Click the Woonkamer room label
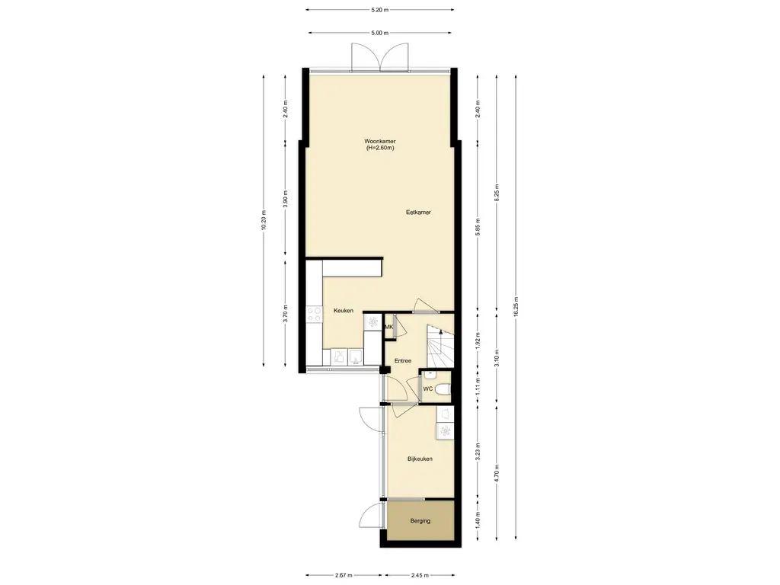pos(379,141)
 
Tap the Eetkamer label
pos(418,213)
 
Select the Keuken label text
pos(344,311)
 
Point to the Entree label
pos(403,360)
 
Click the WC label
pos(428,389)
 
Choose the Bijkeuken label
pos(420,459)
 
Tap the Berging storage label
pos(420,521)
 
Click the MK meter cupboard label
pos(389,327)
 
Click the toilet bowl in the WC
pos(443,389)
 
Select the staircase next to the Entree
pos(440,347)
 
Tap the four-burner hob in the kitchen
pos(315,314)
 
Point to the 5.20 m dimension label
pos(379,9)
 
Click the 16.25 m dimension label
pos(516,306)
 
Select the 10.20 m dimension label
pos(264,219)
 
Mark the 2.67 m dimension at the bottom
pos(344,576)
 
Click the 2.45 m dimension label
pos(420,576)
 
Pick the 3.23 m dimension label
pos(478,452)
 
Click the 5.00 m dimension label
pos(379,33)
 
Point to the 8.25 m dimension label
pos(497,193)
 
